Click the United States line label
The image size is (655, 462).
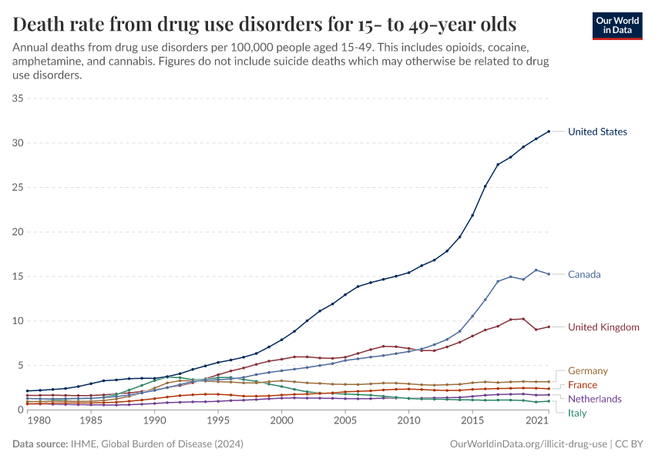pyautogui.click(x=597, y=132)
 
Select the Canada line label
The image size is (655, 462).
pyautogui.click(x=584, y=274)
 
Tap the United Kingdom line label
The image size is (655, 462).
pyautogui.click(x=603, y=327)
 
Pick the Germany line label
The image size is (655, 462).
pyautogui.click(x=588, y=371)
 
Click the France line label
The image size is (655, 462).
pyautogui.click(x=583, y=385)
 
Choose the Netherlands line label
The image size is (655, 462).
pyautogui.click(x=594, y=399)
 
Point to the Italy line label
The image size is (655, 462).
pyautogui.click(x=577, y=413)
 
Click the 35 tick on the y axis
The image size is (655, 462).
pyautogui.click(x=18, y=99)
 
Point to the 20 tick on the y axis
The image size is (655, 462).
pyautogui.click(x=18, y=232)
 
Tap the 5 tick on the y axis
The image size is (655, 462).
pyautogui.click(x=22, y=365)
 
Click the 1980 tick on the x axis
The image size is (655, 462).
pyautogui.click(x=28, y=422)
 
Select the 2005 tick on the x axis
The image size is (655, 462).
pyautogui.click(x=345, y=422)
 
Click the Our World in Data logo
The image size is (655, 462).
pyautogui.click(x=616, y=25)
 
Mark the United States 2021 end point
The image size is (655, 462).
pyautogui.click(x=549, y=132)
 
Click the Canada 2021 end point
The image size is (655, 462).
pyautogui.click(x=549, y=274)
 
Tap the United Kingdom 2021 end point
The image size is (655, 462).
pyautogui.click(x=549, y=326)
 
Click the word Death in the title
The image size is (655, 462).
pyautogui.click(x=39, y=24)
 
